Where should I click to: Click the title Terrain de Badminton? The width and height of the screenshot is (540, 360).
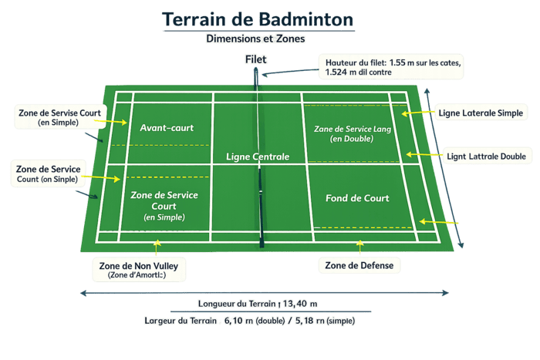click(258, 19)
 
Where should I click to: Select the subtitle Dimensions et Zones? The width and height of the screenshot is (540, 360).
click(256, 38)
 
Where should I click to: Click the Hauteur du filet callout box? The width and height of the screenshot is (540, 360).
click(390, 66)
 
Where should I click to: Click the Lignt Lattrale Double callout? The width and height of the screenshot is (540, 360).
click(487, 156)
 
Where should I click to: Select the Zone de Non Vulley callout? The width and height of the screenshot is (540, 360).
click(140, 269)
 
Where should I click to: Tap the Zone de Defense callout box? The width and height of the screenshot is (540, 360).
click(359, 266)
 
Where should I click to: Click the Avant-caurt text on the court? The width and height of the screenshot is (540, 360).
click(167, 127)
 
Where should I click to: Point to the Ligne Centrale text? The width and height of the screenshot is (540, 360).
click(258, 156)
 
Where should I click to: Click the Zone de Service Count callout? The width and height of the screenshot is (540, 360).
click(49, 173)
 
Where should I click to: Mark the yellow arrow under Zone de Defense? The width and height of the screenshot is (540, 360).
click(359, 247)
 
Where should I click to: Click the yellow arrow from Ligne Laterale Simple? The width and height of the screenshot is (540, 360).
click(417, 113)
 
